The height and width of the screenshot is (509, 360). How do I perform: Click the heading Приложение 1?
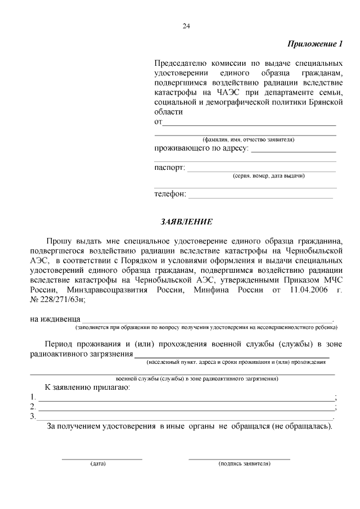tap(315, 44)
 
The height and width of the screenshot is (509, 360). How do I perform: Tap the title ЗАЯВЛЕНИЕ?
tap(186, 222)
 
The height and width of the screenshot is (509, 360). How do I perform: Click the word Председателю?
tap(182, 62)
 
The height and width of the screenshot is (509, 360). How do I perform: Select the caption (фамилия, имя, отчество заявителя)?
tap(248, 139)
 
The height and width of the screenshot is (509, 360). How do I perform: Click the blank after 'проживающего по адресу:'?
tap(293, 152)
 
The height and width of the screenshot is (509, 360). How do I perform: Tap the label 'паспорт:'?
tap(169, 168)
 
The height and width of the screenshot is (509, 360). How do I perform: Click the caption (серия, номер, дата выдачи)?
tap(269, 176)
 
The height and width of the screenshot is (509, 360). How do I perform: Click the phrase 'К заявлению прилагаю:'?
tap(88, 388)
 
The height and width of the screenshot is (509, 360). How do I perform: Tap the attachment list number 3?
tap(33, 417)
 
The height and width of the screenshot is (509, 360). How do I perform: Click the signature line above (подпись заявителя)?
tap(239, 458)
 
